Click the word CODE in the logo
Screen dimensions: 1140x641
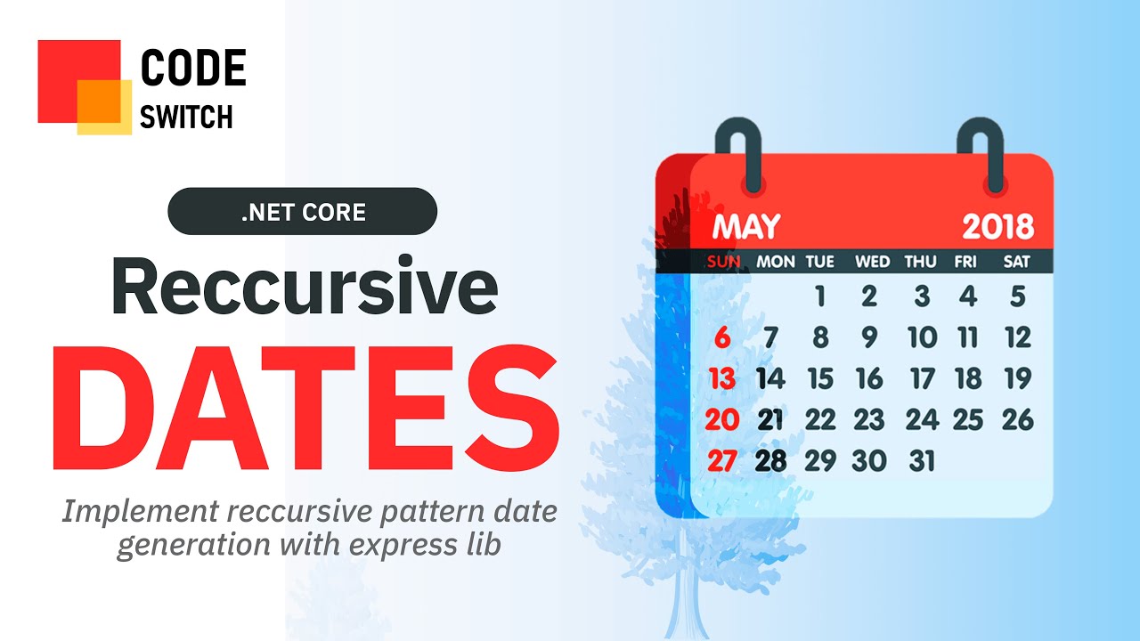pos(193,67)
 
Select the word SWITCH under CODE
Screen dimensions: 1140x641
pos(186,117)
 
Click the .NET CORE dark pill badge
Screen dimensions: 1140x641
pos(302,211)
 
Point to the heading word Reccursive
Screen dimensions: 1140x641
pos(305,287)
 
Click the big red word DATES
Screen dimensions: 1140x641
pos(305,408)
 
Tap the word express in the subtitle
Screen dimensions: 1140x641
pos(402,546)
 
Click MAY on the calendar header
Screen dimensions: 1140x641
pos(746,226)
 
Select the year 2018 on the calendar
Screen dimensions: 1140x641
pos(998,227)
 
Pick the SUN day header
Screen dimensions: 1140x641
pos(724,262)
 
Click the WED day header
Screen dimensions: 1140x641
pos(872,262)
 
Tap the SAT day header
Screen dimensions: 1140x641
pos(1017,262)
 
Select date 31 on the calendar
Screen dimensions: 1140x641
pos(922,461)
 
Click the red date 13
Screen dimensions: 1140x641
pos(722,378)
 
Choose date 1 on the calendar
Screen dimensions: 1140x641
pos(820,296)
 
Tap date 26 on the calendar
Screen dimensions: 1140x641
pos(1018,419)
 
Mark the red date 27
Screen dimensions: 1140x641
pos(722,461)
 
